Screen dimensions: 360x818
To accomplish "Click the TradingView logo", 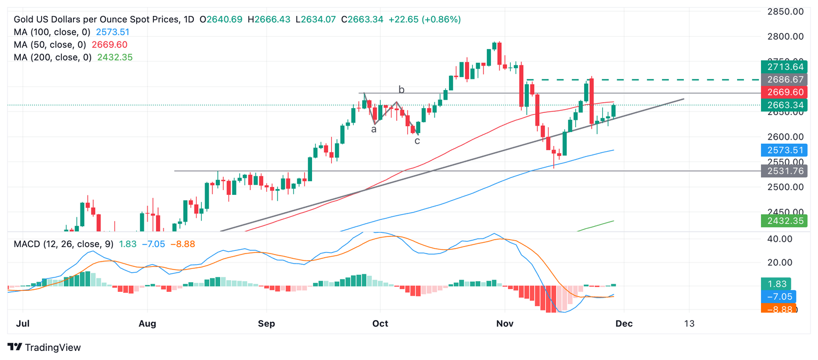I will [x=45, y=347].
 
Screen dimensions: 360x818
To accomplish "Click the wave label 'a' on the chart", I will [x=374, y=129].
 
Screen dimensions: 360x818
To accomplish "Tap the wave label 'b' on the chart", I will [x=402, y=89].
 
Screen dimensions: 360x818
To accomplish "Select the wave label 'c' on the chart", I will [x=418, y=141].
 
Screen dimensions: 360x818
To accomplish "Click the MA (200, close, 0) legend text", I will [x=51, y=58].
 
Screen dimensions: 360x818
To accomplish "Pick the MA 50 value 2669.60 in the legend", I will [x=109, y=45].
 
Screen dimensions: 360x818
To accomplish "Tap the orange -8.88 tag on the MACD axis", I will [x=778, y=308].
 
